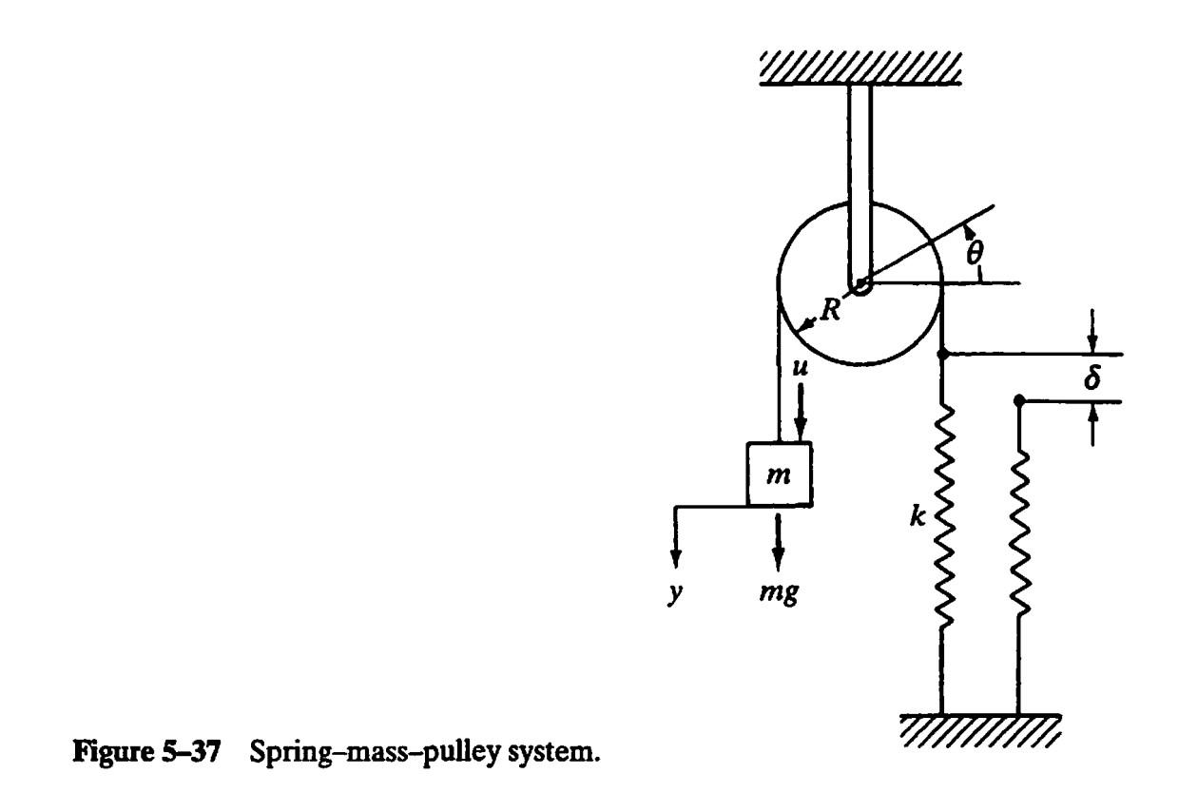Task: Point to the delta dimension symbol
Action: pyautogui.click(x=1093, y=377)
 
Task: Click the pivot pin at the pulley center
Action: pyautogui.click(x=860, y=283)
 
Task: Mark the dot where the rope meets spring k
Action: pyautogui.click(x=942, y=355)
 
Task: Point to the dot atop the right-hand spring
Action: pyautogui.click(x=1018, y=401)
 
